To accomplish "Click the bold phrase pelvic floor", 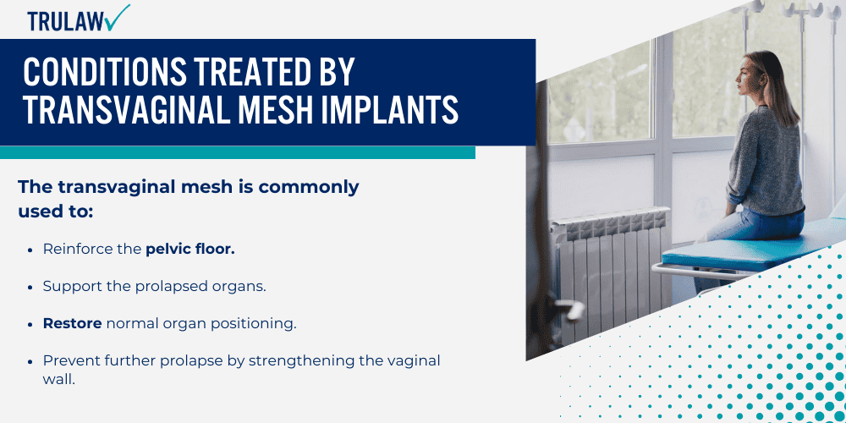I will click(x=190, y=250).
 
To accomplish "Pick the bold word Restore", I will click(x=73, y=323).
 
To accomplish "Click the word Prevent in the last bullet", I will click(x=69, y=360).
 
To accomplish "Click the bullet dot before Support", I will click(x=30, y=287).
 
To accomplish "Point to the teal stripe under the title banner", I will click(x=237, y=152).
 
